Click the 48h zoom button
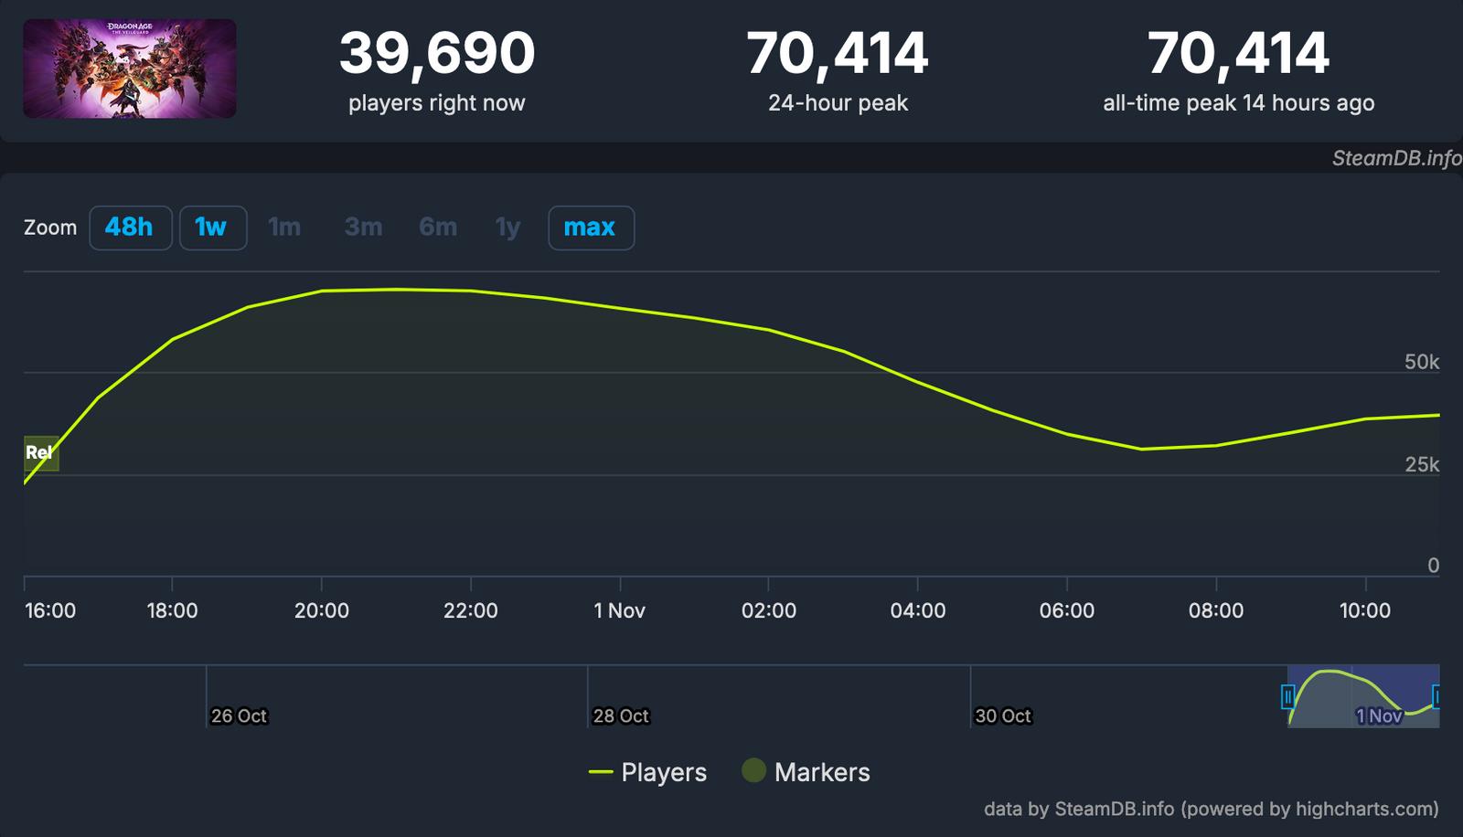pyautogui.click(x=130, y=228)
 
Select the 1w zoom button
pyautogui.click(x=212, y=228)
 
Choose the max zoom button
pyautogui.click(x=590, y=228)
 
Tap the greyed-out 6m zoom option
pyautogui.click(x=437, y=228)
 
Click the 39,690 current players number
pyautogui.click(x=436, y=54)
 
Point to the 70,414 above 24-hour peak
pyautogui.click(x=837, y=54)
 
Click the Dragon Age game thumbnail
pyautogui.click(x=130, y=69)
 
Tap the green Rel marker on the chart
pyautogui.click(x=40, y=453)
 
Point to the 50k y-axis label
pyautogui.click(x=1421, y=363)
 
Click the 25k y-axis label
pyautogui.click(x=1421, y=465)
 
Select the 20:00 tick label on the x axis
pyautogui.click(x=321, y=610)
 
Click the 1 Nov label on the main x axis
pyautogui.click(x=619, y=610)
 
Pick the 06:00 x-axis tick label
pyautogui.click(x=1066, y=610)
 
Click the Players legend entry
pyautogui.click(x=647, y=772)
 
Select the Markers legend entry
pyautogui.click(x=805, y=772)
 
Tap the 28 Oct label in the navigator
pyautogui.click(x=621, y=716)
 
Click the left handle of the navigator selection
pyautogui.click(x=1288, y=697)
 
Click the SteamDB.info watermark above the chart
pyautogui.click(x=1395, y=158)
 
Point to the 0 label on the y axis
pyautogui.click(x=1433, y=566)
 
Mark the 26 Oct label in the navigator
pyautogui.click(x=239, y=716)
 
